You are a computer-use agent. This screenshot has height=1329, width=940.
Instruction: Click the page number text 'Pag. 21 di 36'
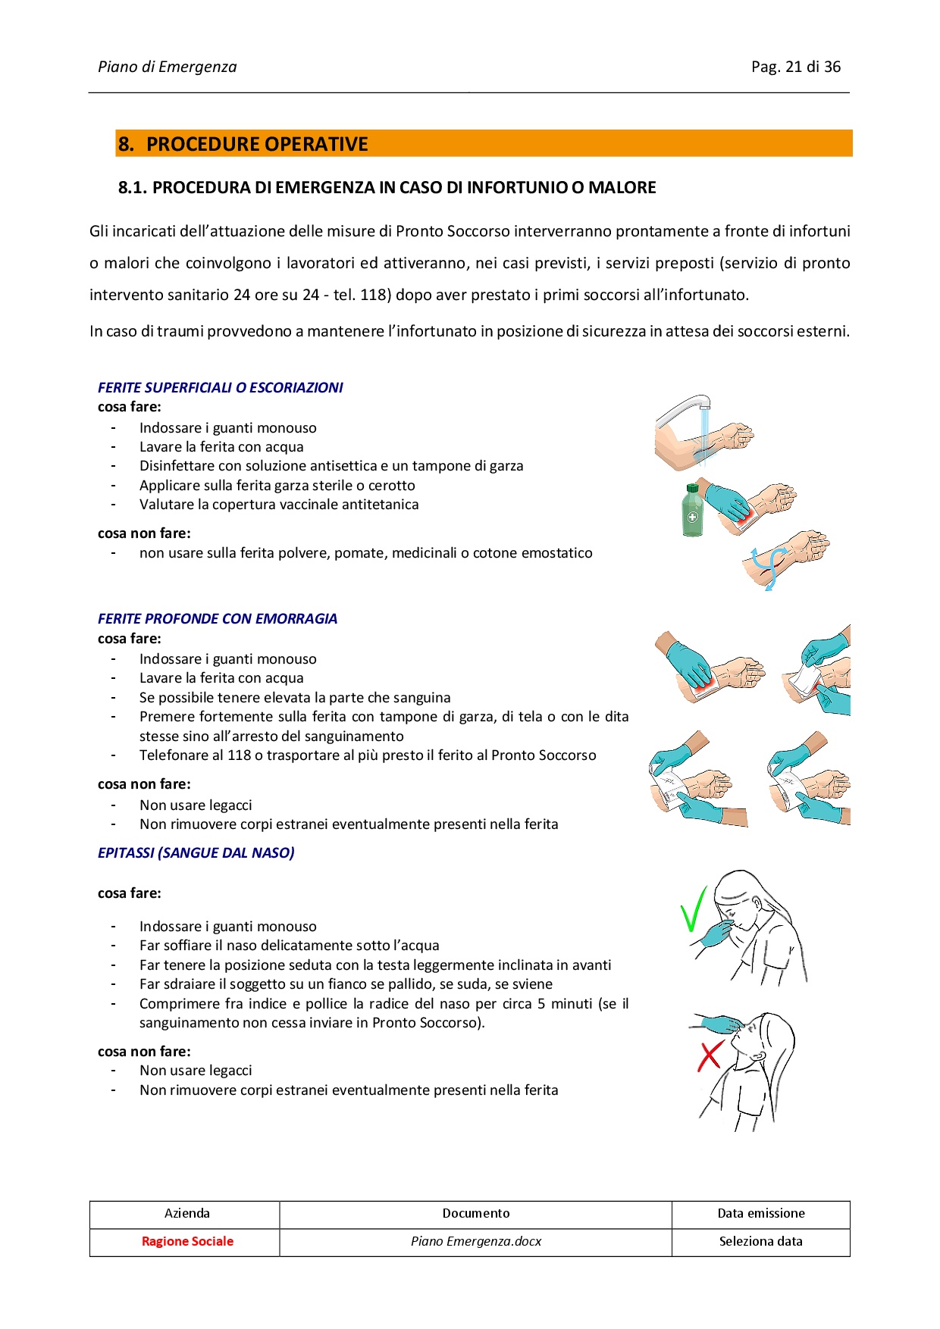click(x=795, y=67)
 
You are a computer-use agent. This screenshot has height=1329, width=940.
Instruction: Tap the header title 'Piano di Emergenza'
click(x=167, y=67)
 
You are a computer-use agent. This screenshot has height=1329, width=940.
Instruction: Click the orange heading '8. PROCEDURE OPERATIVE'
click(x=243, y=144)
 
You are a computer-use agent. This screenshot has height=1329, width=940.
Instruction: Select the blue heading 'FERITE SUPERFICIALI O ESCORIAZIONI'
click(x=220, y=387)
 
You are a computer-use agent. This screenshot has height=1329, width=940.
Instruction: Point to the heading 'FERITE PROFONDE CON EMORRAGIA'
click(x=217, y=618)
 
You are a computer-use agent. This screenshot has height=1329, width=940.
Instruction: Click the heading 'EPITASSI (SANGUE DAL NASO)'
click(x=196, y=852)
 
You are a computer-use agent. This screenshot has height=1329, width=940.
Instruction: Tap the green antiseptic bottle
click(x=692, y=511)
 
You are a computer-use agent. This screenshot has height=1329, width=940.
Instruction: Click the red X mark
click(x=710, y=1055)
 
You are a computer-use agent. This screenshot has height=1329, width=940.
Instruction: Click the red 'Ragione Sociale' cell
click(x=187, y=1241)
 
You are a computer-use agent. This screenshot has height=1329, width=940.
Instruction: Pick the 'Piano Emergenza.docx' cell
click(x=476, y=1241)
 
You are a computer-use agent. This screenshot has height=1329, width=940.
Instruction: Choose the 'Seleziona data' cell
click(x=760, y=1241)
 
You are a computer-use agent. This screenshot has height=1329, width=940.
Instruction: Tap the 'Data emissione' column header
click(x=760, y=1213)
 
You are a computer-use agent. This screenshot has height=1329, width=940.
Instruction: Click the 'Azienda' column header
click(x=187, y=1213)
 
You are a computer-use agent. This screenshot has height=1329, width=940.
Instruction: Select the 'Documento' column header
click(x=476, y=1213)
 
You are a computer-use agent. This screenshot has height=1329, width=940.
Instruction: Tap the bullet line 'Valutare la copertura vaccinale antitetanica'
click(x=279, y=505)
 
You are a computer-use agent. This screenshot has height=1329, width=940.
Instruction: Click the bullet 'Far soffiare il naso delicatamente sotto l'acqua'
click(x=289, y=946)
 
